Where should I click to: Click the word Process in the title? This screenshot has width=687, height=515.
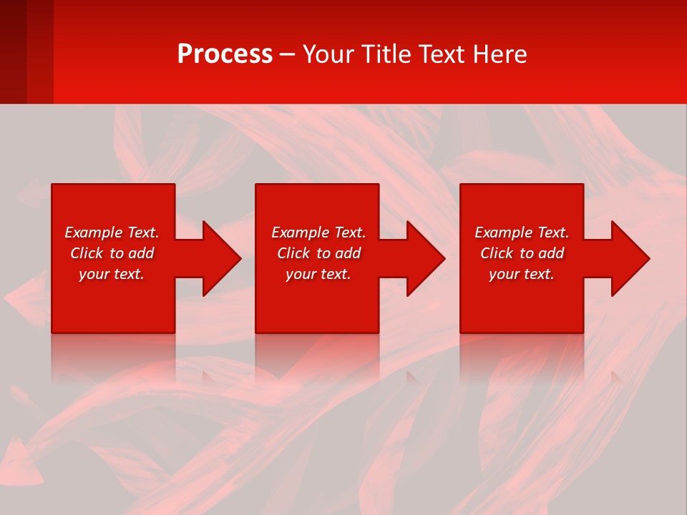coord(225,54)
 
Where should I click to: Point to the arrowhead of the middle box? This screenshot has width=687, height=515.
coord(429,258)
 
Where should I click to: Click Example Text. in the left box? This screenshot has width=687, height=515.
coord(112,232)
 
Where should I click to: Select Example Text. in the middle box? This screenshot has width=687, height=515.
coord(318,232)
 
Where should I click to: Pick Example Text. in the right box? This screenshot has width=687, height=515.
coord(522,232)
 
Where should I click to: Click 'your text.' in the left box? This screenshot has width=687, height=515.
coord(112,274)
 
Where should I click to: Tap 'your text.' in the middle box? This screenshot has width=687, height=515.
coord(318,274)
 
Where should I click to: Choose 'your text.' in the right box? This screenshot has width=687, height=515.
coord(522,274)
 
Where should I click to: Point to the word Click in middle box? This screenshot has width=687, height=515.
coord(294,253)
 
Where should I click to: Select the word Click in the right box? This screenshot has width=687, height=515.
coord(497,253)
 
